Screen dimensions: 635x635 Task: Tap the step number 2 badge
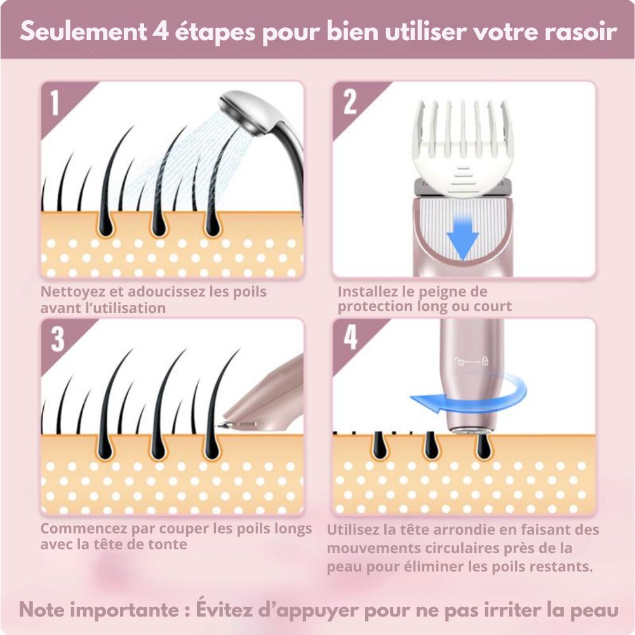(350, 102)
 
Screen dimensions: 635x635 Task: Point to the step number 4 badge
(351, 337)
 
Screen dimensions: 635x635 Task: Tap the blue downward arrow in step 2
(462, 239)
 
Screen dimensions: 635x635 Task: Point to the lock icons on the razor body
(471, 361)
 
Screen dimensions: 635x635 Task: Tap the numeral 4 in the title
(161, 31)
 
